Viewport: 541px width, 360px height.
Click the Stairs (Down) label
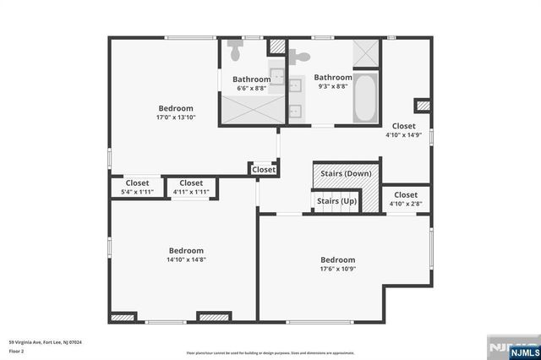click(347, 173)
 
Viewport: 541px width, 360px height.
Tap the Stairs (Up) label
click(337, 201)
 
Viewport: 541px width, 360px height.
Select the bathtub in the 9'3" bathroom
click(365, 100)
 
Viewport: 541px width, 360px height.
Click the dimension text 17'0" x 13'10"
click(176, 117)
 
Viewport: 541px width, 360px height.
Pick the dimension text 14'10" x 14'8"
click(186, 259)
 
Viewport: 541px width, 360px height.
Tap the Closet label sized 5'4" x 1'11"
click(137, 192)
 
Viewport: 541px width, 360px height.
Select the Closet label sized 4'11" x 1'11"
click(191, 192)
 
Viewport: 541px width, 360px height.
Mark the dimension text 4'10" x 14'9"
click(404, 134)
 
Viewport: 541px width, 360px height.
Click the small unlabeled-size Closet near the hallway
click(264, 170)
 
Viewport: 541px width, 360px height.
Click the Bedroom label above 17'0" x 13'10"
click(176, 108)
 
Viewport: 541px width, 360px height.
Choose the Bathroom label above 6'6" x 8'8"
click(252, 79)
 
